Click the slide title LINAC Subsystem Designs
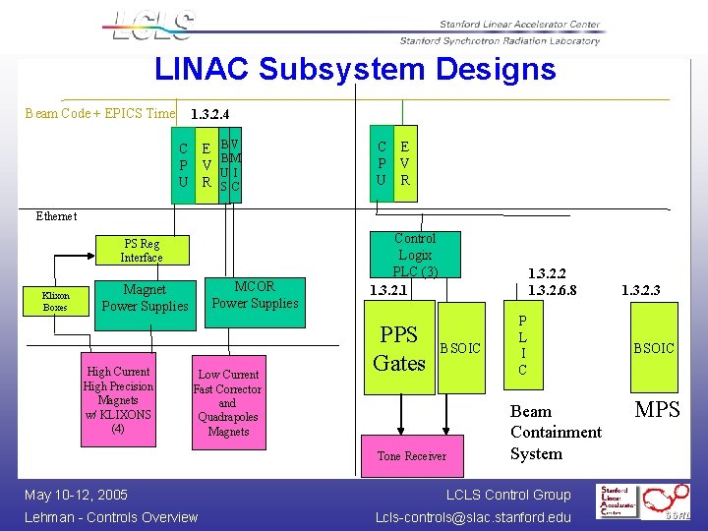[x=355, y=70]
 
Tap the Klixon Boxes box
[x=56, y=301]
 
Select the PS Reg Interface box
[x=142, y=251]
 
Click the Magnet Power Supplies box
[x=145, y=298]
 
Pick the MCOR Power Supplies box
[x=255, y=295]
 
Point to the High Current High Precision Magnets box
[x=118, y=400]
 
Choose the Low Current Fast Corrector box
[x=228, y=402]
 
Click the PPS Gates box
[x=399, y=349]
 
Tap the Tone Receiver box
[x=411, y=456]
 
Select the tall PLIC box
[x=522, y=346]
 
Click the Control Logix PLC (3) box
[x=414, y=255]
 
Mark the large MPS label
[x=657, y=410]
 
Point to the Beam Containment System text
[x=555, y=433]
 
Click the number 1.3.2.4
[x=210, y=114]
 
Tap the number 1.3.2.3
[x=640, y=290]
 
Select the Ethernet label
[x=56, y=216]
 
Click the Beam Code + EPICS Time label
[x=99, y=113]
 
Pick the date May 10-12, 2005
[x=77, y=495]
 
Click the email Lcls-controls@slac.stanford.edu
[x=473, y=517]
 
